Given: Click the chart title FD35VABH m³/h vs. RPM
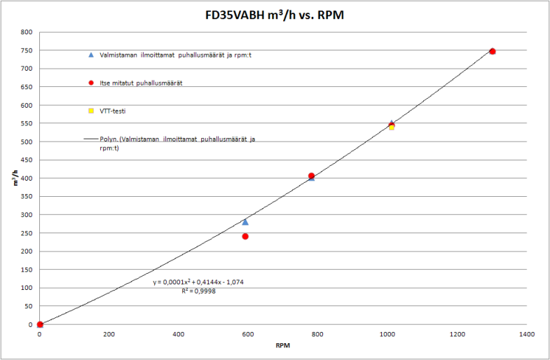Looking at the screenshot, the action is tap(275, 15).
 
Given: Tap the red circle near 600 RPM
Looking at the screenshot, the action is tap(245, 236).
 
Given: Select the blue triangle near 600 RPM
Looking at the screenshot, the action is tap(245, 221).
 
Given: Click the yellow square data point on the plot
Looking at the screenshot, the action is tap(392, 127).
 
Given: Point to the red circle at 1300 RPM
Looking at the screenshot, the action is tap(493, 51).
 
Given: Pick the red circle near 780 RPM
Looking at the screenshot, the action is tap(311, 176).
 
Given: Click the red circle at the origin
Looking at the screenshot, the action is tap(40, 324).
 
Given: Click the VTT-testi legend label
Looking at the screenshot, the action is tap(113, 111).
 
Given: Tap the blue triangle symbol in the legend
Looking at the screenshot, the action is tap(91, 55).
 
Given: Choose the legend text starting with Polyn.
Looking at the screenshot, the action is tap(177, 144).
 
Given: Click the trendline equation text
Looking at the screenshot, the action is tap(198, 282).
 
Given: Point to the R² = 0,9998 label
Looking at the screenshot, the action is tap(198, 291).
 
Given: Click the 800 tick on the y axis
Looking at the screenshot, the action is tap(27, 32).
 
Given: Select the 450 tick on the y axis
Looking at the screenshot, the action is tap(27, 160).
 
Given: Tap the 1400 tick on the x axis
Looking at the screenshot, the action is tap(527, 334).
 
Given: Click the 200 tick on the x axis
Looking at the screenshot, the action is tap(109, 334).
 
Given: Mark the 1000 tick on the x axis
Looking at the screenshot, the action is tap(388, 334).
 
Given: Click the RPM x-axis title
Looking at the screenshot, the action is tap(282, 345).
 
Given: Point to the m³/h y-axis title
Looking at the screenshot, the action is tap(16, 177).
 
